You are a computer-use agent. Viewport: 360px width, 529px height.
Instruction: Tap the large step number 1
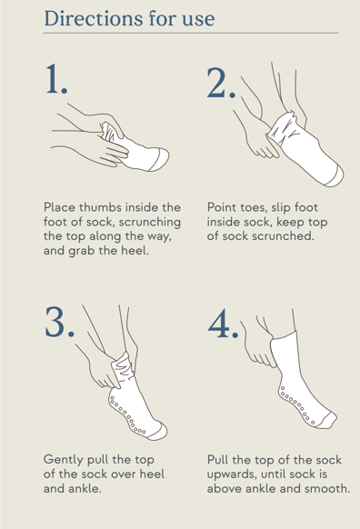point(56,79)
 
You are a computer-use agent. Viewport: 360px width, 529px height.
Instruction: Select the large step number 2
point(221,83)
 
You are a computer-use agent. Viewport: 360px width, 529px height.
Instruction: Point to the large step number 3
point(59,321)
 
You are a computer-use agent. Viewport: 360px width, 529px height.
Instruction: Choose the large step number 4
point(223,324)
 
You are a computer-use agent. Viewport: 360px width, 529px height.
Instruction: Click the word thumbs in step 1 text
point(102,207)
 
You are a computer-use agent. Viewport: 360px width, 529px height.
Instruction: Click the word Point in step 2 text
point(221,207)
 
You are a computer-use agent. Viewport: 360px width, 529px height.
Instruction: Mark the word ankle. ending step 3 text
point(86,488)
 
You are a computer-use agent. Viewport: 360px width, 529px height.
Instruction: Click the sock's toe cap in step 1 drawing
point(159,159)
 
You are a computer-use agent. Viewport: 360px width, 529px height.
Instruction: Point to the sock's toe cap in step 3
point(158,432)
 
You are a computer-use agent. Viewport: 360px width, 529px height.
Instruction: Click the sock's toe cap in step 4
point(326,420)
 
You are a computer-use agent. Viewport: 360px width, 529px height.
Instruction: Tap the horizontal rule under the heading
point(191,33)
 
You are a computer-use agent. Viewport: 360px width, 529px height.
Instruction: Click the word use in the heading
point(198,20)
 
